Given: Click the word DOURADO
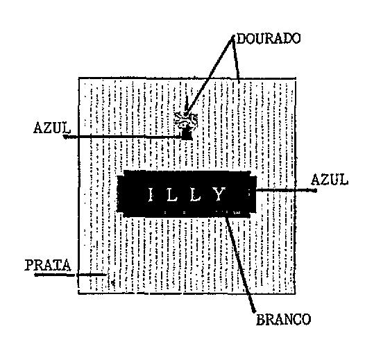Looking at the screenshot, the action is click(268, 38).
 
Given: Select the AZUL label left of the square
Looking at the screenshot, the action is click(51, 128).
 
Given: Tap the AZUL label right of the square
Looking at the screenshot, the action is click(330, 180).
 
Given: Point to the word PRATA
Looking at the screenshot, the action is click(48, 265).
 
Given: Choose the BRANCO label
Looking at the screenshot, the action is click(283, 320).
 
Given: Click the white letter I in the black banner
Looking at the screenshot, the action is click(151, 194).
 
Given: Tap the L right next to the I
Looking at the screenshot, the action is click(172, 194).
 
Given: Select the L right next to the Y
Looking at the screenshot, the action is click(195, 194).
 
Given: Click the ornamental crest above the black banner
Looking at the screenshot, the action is click(186, 119).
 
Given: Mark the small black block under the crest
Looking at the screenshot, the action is click(187, 135).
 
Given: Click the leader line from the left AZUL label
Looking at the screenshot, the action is click(123, 137).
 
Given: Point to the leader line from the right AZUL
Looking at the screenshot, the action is click(287, 190).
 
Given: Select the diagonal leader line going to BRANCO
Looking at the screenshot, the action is click(241, 264).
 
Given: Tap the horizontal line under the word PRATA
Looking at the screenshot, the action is click(70, 275).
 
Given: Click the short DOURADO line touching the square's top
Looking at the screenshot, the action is click(235, 60).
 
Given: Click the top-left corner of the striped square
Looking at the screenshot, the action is click(78, 78).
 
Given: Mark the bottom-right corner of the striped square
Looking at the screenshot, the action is click(295, 293).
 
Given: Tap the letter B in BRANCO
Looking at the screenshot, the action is click(260, 320).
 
